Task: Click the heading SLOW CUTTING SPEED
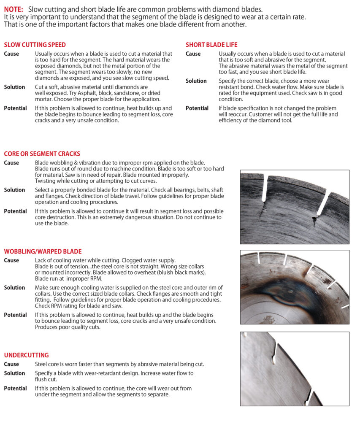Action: [x=35, y=45]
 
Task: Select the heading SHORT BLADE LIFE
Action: [x=211, y=45]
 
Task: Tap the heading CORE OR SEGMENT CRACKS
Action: [x=42, y=154]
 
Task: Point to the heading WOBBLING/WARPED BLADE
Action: [x=43, y=251]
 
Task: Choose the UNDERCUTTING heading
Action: [x=26, y=355]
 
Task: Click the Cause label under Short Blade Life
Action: [x=193, y=54]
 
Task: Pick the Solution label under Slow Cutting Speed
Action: [x=14, y=87]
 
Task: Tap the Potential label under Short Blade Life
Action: [x=197, y=108]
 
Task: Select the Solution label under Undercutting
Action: [x=14, y=373]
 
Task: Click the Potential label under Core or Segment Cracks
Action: [x=15, y=211]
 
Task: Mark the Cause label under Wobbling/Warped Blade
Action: [x=11, y=260]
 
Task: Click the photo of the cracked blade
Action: [x=295, y=207]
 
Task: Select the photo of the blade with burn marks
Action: [x=295, y=287]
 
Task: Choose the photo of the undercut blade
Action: [x=295, y=369]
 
